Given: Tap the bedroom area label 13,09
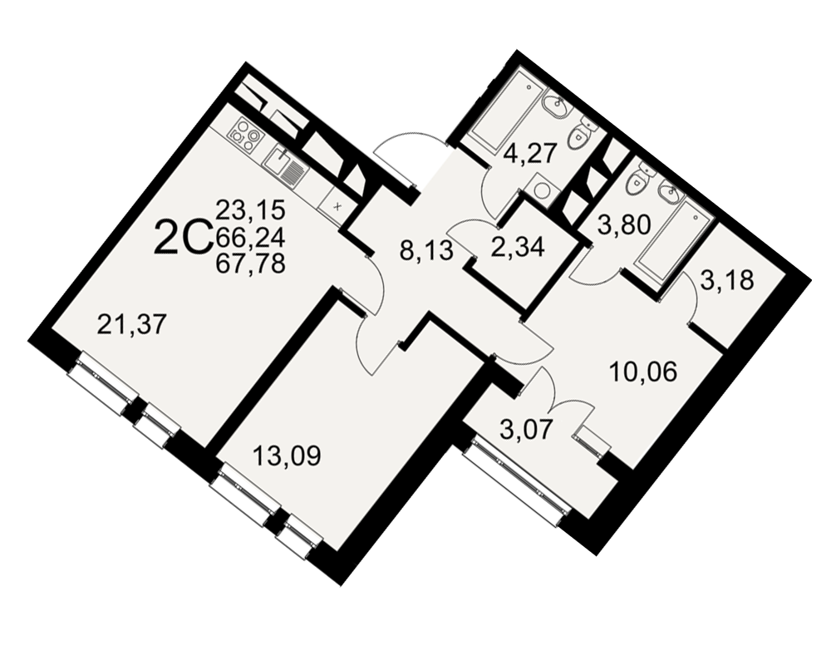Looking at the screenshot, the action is pos(287,456).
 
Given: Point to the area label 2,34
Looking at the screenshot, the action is pos(517,248).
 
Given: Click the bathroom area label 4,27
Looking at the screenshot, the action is pos(529,155).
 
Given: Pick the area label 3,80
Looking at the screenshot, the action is pos(624,226).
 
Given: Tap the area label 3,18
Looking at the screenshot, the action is pos(726,281).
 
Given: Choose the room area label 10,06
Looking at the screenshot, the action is pos(643,372).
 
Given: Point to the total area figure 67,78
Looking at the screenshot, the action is pos(251,263).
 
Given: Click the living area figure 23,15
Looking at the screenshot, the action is pos(251,211).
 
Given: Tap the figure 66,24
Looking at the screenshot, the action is pos(251,237).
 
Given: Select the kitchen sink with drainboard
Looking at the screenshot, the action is pos(284,165).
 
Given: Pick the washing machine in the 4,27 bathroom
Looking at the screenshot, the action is pos(541,187).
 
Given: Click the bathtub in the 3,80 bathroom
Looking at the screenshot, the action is pos(674,244).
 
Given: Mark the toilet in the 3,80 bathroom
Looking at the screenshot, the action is pos(638,179).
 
